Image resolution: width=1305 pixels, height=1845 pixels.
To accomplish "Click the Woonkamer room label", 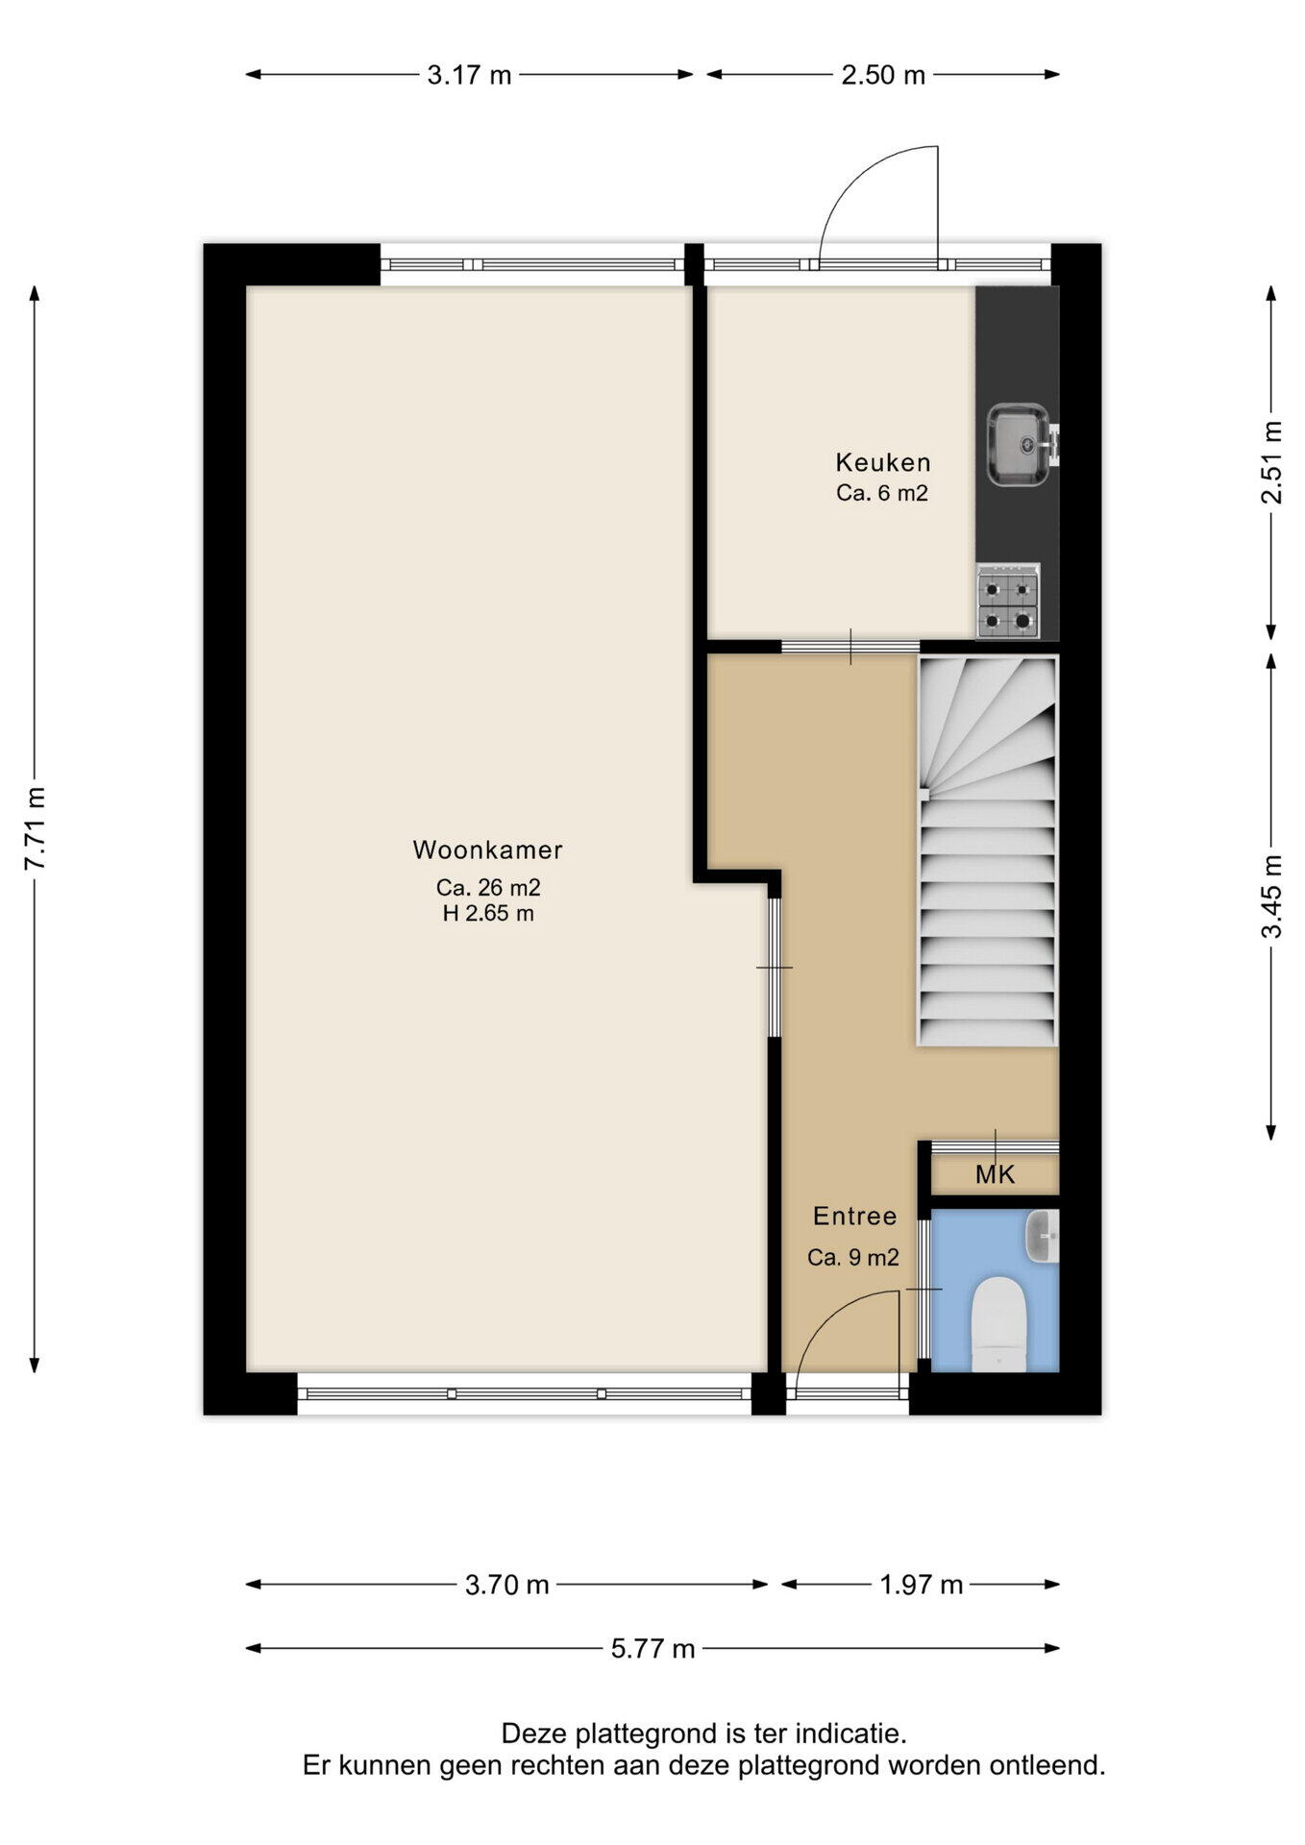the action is click(487, 849).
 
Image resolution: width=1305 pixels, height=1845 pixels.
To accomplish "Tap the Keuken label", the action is click(883, 462).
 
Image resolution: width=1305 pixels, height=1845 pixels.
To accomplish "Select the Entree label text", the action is click(854, 1216).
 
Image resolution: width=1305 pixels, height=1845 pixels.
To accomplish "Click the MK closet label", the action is click(995, 1174).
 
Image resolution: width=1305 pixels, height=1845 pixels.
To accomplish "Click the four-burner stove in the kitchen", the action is click(1008, 602).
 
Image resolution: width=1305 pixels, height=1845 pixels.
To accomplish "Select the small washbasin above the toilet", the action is click(1043, 1236).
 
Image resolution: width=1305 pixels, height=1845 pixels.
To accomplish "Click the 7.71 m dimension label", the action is click(36, 828).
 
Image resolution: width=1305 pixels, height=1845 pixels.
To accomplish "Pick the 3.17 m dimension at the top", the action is click(469, 75).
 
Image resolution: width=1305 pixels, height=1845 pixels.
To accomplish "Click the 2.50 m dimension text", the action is click(883, 75).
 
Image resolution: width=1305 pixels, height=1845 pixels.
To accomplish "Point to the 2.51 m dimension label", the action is click(1271, 462).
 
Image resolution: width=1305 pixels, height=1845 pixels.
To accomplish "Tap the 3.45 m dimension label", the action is click(1271, 896).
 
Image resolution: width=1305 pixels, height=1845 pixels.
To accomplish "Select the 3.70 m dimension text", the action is click(506, 1585).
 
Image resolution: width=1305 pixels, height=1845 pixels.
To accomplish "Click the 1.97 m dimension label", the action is click(921, 1585).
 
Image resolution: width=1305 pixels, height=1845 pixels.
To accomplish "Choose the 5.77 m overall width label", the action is click(652, 1649).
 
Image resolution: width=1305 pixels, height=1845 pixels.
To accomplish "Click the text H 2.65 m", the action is click(488, 913).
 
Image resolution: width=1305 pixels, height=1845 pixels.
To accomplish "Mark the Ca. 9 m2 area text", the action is click(853, 1257).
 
